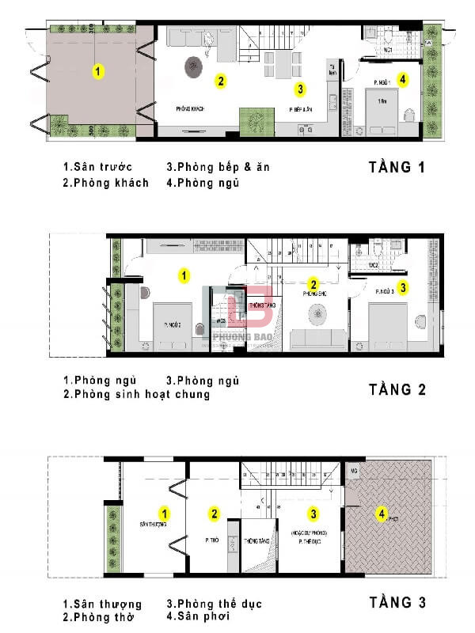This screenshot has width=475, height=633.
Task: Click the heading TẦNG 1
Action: tap(402, 167)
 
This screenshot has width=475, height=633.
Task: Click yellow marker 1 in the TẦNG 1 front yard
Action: tap(97, 71)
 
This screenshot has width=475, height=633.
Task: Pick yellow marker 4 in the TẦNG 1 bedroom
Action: tap(402, 79)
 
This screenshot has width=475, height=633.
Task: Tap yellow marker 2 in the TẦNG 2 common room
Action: tap(313, 284)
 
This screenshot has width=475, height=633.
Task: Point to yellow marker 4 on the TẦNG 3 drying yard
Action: tap(382, 514)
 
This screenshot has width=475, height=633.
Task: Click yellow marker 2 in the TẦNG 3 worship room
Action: tap(214, 514)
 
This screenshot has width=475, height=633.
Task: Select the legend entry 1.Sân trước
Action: tap(98, 167)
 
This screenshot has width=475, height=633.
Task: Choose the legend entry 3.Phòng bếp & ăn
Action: tap(218, 167)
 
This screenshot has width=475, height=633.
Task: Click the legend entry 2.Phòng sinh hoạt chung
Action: tap(136, 394)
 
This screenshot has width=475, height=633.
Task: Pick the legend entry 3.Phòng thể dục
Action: tap(214, 604)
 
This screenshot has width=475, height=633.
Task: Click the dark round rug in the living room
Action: tap(195, 67)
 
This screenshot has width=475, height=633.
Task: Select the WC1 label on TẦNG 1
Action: tap(389, 50)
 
